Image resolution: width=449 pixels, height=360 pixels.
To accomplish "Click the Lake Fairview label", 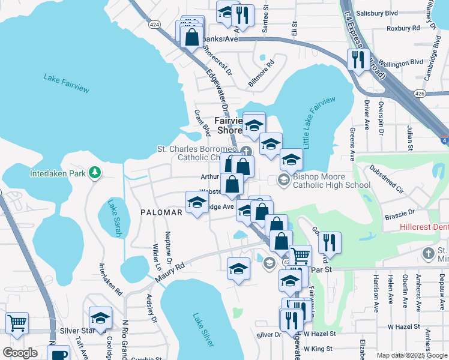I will coord(66,83).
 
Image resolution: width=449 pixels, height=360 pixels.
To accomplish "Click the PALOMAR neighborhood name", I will coord(161,212).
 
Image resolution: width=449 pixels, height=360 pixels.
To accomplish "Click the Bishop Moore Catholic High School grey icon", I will coord(283,179).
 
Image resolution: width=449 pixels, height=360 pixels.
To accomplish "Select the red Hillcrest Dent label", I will coord(423,228).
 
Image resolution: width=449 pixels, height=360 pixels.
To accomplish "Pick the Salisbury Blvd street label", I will coord(394,13).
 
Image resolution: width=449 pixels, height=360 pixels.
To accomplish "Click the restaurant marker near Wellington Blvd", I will coord(358,59).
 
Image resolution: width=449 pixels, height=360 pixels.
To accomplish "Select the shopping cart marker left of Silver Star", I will coord(17,323).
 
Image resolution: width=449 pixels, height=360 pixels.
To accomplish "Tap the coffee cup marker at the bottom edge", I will coord(59,353).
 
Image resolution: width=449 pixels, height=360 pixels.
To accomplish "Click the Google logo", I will coord(20,352).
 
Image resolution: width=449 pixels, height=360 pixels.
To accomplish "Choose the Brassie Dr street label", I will coord(402,212).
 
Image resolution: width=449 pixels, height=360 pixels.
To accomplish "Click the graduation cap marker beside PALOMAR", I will coord(197,203).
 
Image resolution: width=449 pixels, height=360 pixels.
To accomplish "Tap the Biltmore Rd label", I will coord(261,72).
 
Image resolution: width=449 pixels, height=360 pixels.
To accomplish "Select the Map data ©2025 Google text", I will coord(412,355).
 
